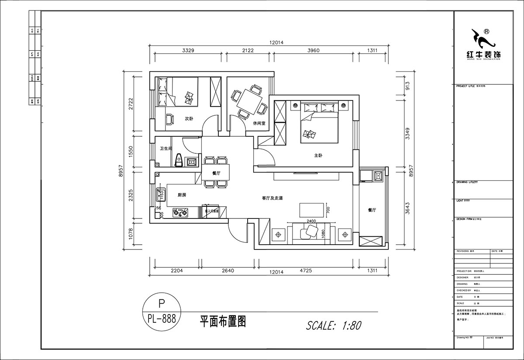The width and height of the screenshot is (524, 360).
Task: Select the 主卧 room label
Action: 318,155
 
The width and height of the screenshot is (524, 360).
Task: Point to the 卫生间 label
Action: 165,149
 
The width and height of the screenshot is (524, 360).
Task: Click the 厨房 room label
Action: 182,195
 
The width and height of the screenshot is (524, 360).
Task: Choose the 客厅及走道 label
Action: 272,198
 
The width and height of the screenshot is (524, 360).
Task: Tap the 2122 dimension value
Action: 247,50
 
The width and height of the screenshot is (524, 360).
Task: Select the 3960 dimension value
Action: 314,50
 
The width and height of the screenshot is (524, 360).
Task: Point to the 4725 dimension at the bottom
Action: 306,270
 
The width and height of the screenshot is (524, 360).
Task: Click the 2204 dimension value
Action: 176,270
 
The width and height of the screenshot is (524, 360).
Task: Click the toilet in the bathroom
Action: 178,160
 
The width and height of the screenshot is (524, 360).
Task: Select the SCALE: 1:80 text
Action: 334,325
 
